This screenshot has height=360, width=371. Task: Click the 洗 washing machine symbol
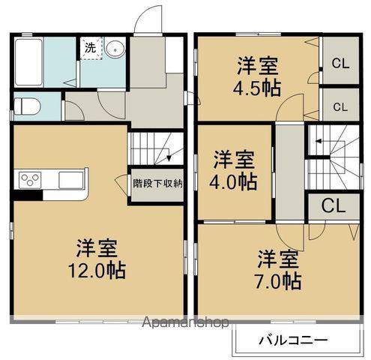91,48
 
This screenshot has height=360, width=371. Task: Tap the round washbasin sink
115,49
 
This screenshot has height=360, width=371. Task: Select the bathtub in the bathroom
28,62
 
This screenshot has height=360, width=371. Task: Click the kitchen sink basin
71,180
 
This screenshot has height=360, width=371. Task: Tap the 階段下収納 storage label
157,184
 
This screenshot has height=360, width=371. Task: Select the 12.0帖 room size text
97,271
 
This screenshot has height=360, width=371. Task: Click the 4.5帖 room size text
257,88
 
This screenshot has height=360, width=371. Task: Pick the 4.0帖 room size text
233,181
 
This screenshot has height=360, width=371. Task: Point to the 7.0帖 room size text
277,282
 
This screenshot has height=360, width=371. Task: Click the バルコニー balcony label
293,340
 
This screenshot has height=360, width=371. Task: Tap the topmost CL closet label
340,64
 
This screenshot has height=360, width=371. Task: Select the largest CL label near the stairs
334,205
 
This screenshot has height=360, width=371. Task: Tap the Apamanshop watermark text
185,322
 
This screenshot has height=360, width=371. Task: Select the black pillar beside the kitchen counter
28,195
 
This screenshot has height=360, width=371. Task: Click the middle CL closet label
340,107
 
